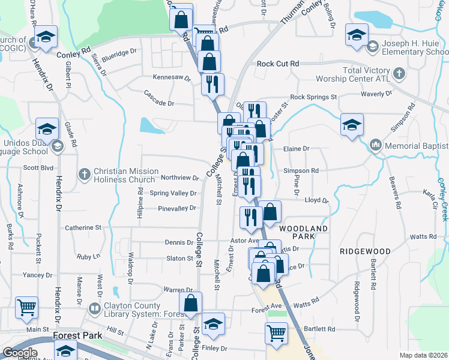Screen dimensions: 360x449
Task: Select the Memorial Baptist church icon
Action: pos(376,146)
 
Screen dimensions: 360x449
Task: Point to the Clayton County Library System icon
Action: pos(94,308)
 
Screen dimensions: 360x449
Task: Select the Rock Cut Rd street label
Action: pos(277,64)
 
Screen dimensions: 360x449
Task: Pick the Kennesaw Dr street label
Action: pos(171,78)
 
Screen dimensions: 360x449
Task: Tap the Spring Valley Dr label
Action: pos(173,193)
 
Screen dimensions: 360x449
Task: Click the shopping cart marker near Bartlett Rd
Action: pos(276,332)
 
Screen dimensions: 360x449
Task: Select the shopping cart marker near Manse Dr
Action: pos(27,307)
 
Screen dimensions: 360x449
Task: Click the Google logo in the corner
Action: pos(20,353)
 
